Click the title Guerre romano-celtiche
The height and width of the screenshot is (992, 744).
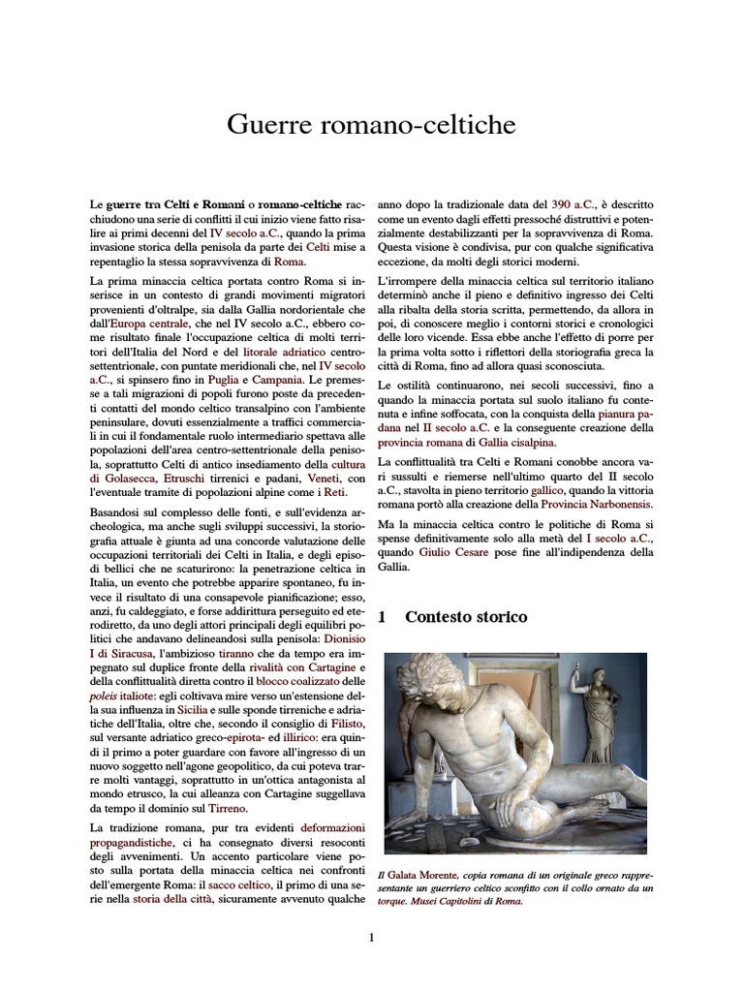tap(372, 125)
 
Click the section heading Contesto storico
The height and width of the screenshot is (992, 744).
tap(465, 617)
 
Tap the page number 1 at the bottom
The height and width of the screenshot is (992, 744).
tap(372, 937)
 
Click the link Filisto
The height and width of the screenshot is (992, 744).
tap(346, 724)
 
